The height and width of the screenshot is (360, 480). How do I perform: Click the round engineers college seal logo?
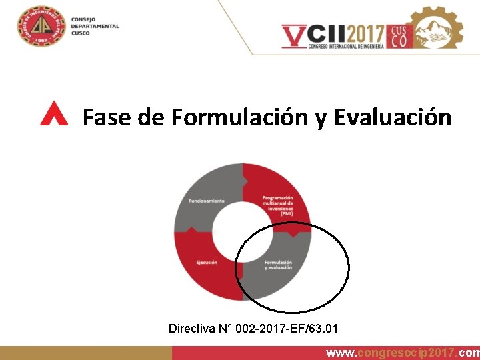pyautogui.click(x=41, y=27)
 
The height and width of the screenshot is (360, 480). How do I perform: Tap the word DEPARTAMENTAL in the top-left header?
pyautogui.click(x=95, y=27)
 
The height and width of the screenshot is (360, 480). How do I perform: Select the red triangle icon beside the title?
pyautogui.click(x=54, y=114)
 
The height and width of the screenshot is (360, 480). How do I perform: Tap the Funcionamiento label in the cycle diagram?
pyautogui.click(x=206, y=201)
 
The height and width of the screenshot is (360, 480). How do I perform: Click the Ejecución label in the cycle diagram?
pyautogui.click(x=207, y=262)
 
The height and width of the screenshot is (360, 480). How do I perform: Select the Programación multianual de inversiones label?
pyautogui.click(x=277, y=205)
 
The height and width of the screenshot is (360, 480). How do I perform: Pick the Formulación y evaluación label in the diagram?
pyautogui.click(x=278, y=265)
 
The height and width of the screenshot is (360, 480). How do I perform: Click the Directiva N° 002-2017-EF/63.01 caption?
pyautogui.click(x=253, y=329)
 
